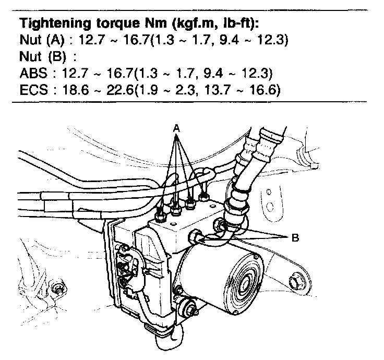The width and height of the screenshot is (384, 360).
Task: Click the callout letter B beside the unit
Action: click(295, 237)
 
